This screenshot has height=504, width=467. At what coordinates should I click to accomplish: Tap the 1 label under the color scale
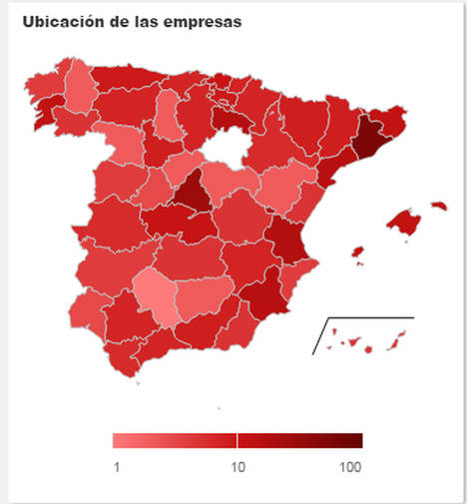[117, 467]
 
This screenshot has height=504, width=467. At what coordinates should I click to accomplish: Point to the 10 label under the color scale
[237, 467]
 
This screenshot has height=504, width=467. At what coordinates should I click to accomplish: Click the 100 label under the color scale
[349, 467]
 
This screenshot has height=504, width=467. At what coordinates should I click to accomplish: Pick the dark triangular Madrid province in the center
[193, 194]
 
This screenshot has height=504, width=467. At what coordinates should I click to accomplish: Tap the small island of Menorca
[437, 207]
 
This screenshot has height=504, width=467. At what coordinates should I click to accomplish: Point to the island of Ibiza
[356, 252]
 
